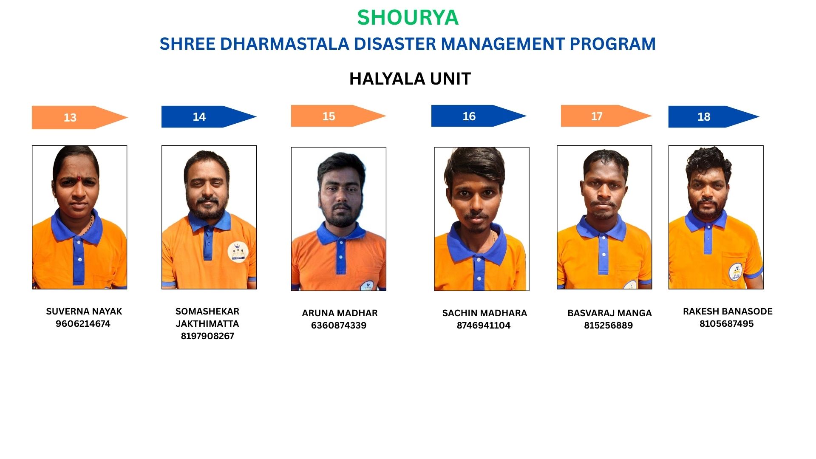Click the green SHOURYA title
[408, 18]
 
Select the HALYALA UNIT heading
[410, 79]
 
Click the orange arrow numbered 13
[80, 117]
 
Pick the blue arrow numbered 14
[209, 116]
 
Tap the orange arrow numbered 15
[339, 116]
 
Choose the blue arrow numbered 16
[479, 116]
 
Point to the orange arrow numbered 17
[606, 116]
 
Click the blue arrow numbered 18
[714, 116]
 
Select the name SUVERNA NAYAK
[84, 312]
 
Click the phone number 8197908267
[207, 336]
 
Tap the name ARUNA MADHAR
[340, 313]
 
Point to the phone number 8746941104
[484, 326]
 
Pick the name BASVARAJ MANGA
[609, 313]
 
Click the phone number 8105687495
[727, 324]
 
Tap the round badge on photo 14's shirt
[238, 252]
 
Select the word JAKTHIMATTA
[207, 324]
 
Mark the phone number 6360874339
[339, 326]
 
